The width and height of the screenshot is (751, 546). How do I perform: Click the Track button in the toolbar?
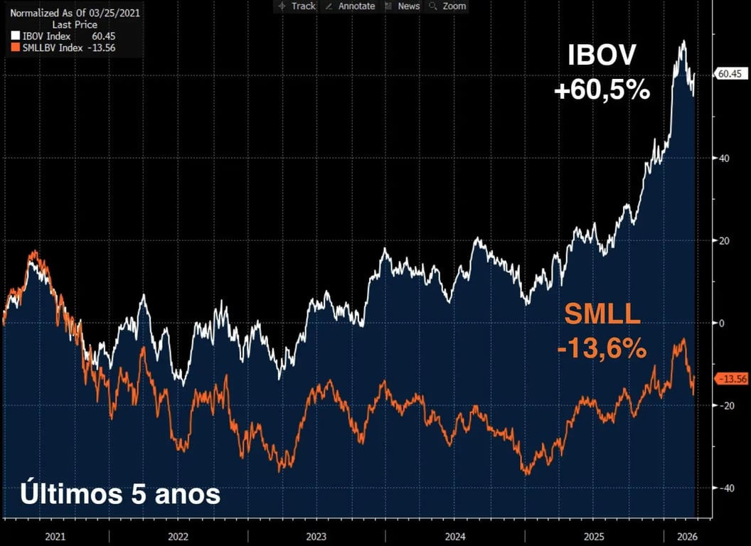(297, 6)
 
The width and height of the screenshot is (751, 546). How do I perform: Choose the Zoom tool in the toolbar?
(448, 6)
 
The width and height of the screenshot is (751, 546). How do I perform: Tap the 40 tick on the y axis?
(723, 158)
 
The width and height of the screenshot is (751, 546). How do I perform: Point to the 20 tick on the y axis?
(723, 240)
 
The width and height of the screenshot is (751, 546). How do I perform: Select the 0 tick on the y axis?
(720, 323)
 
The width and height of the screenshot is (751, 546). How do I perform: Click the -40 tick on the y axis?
(725, 488)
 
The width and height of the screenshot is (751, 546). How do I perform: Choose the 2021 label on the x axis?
(55, 536)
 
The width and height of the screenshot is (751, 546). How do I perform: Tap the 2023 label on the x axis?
(316, 536)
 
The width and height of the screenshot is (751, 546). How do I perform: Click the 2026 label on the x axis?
(681, 536)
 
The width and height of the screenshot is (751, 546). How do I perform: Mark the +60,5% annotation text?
(602, 90)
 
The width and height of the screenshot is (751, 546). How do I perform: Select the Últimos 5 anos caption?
(119, 494)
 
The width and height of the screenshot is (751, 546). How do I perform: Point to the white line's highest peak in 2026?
(683, 41)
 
